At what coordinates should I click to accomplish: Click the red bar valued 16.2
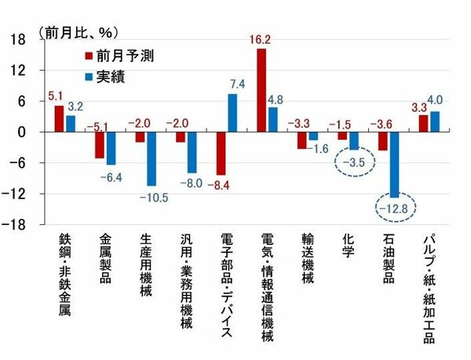coord(261,90)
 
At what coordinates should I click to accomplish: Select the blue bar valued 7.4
coord(232,113)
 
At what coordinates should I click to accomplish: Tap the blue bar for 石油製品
coord(394,164)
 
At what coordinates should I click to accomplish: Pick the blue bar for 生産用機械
coord(151,158)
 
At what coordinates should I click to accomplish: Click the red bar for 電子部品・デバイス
coord(221,153)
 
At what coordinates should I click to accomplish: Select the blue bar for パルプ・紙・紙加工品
coord(435,122)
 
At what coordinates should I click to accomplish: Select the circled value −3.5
coord(354,163)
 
